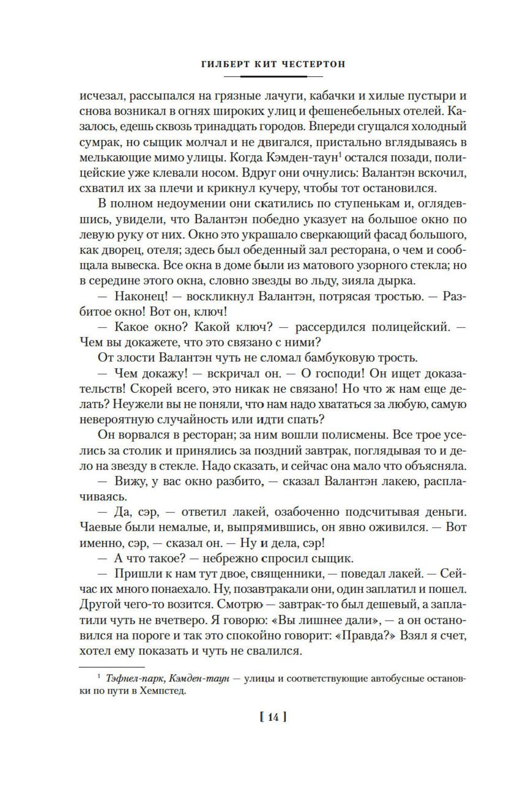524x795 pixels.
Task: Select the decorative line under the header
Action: tap(273, 77)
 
